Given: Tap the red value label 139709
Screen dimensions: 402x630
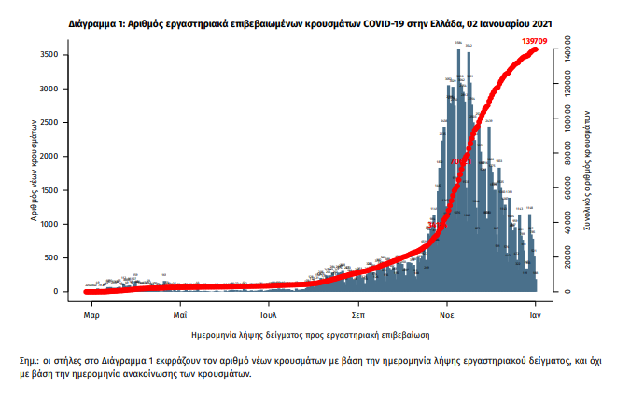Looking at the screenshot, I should pos(539,42).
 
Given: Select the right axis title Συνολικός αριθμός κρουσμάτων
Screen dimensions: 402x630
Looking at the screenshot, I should pos(589,169).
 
